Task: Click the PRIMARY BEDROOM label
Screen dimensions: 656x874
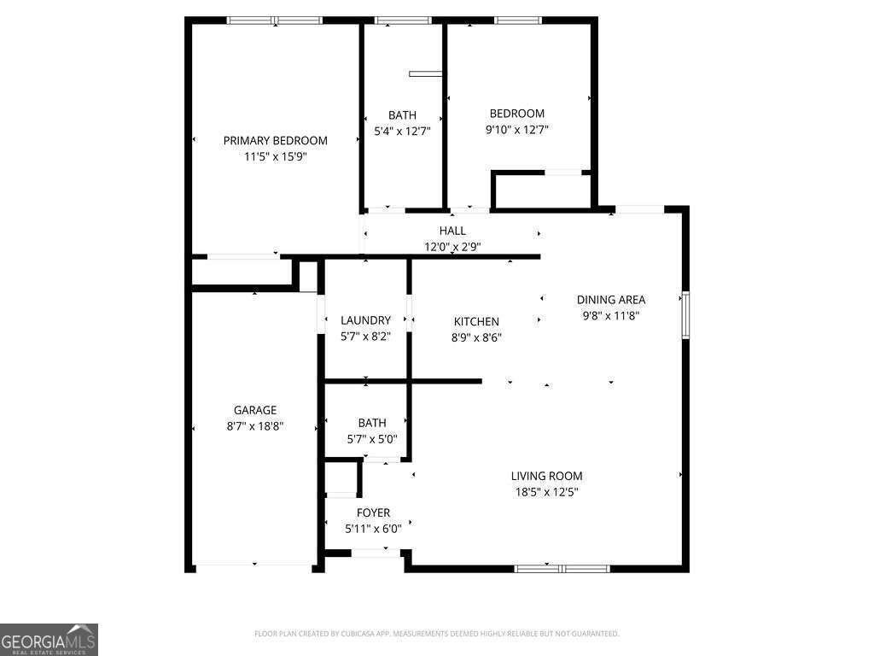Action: tap(275, 141)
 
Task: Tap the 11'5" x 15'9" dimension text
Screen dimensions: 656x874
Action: tap(275, 157)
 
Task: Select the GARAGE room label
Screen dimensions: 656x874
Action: tap(255, 410)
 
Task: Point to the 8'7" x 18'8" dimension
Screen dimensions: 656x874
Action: tap(255, 425)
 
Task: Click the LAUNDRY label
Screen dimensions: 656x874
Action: tap(365, 321)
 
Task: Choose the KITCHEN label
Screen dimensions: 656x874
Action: tap(476, 322)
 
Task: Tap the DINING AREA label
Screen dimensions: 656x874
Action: tap(611, 300)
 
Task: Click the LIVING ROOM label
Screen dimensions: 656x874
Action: tap(547, 477)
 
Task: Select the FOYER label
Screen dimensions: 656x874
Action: tap(373, 513)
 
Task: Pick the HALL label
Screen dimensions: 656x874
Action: tap(452, 231)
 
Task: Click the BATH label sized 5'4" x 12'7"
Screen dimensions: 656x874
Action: tap(402, 115)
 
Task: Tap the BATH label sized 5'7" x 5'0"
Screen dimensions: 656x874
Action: tap(372, 423)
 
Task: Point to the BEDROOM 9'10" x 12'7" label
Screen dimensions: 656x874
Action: tap(516, 114)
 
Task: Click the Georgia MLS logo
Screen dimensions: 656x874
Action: tap(50, 640)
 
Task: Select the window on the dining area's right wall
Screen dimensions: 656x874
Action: tap(685, 315)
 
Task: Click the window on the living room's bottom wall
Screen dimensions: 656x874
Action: tap(562, 568)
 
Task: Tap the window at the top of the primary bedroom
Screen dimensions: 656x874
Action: tap(274, 20)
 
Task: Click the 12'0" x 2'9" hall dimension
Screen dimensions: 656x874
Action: tap(458, 247)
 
